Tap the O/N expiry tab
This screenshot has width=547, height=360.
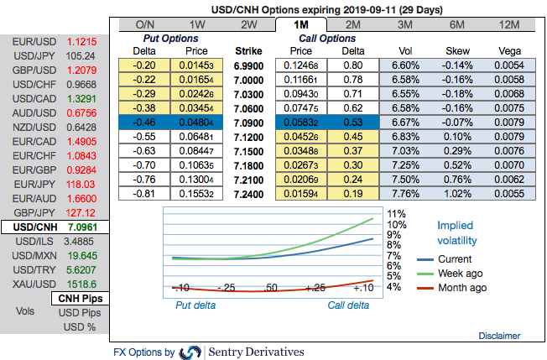point(145,24)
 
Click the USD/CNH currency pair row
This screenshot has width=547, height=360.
point(55,227)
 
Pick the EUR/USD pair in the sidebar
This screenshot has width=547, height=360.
point(55,41)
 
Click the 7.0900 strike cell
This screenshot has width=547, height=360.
point(253,122)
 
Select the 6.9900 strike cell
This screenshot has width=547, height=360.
point(253,65)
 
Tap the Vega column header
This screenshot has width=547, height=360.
point(509,50)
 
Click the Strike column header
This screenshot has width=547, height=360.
point(253,50)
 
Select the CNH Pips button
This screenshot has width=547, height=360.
point(81,299)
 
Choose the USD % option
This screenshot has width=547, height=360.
point(81,327)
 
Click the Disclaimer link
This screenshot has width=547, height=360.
point(499,336)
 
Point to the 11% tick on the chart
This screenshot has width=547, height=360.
point(397,213)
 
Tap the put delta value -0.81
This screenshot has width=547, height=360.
point(147,193)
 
